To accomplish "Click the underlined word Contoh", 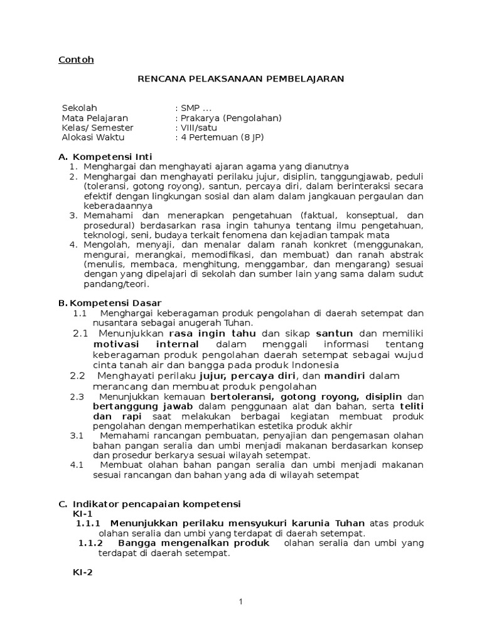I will tap(76, 60).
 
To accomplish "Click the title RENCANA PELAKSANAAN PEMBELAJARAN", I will tap(241, 78).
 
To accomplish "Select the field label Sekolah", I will tap(80, 108).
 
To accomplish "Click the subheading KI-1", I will tap(83, 513).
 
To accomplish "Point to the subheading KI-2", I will tap(83, 572).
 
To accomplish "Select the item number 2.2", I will tap(77, 376).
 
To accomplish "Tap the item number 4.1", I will tap(77, 465).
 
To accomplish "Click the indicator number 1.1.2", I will tap(90, 543).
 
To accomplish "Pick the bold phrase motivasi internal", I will tap(146, 345).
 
